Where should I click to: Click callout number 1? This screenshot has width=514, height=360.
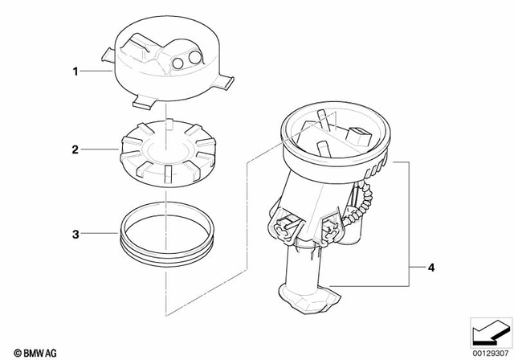tap(76, 72)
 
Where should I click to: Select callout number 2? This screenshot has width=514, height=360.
tap(76, 149)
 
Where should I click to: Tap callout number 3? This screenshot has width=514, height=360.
tap(76, 234)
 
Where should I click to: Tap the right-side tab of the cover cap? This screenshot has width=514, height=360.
tap(228, 80)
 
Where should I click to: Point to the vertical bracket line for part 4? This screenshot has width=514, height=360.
tap(412, 225)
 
